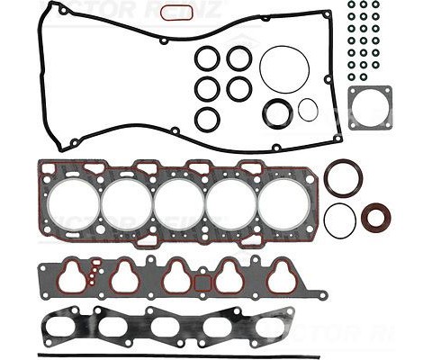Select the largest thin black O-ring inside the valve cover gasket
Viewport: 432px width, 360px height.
(284, 67)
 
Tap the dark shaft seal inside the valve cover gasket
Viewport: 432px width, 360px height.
(278, 112)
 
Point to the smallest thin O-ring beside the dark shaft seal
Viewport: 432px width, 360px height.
(308, 111)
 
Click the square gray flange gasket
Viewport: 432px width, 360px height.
(368, 108)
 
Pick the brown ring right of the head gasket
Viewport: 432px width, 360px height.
(343, 177)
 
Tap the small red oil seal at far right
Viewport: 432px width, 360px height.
(376, 217)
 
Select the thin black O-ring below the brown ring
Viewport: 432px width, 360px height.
(339, 220)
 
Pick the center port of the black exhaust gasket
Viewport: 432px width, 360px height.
(167, 328)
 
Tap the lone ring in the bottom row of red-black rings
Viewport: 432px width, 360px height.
(208, 118)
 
